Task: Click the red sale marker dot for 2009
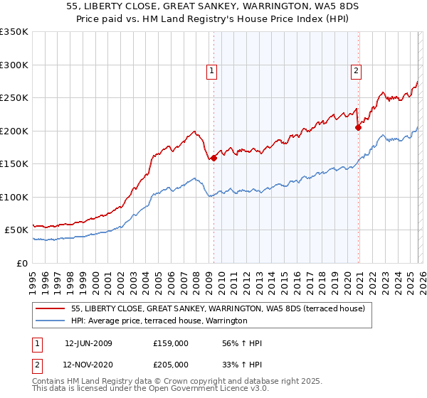213,158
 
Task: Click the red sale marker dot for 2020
358,128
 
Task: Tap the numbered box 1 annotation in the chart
212,70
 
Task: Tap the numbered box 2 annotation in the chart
356,70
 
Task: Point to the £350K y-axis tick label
14,32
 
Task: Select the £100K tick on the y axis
14,197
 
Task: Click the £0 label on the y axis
21,263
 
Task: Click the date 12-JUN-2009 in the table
88,343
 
